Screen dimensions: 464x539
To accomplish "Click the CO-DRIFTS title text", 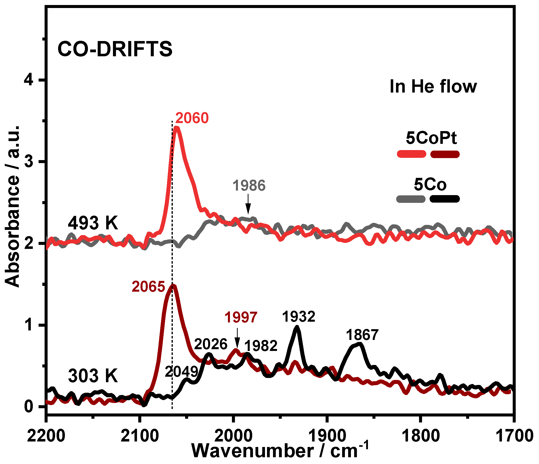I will click(x=115, y=49).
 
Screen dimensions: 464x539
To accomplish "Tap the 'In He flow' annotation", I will click(x=433, y=87).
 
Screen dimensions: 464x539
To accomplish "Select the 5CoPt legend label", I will click(x=431, y=138).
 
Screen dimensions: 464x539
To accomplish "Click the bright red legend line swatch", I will click(x=412, y=154).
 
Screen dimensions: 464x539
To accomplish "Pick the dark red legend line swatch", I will click(x=445, y=154).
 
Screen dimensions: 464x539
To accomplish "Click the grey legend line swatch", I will click(x=411, y=199).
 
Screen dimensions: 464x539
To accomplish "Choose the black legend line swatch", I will click(x=445, y=199).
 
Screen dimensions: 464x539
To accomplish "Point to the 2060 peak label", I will click(x=192, y=118).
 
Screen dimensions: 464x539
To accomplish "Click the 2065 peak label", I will click(x=148, y=287).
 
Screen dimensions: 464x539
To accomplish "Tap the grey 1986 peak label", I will click(x=249, y=186).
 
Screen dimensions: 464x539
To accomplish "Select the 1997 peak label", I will click(x=241, y=317).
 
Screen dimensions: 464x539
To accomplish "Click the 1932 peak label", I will click(x=299, y=317).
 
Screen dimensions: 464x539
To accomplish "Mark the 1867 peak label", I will click(x=362, y=335).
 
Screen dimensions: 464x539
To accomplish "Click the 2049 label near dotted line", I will click(x=181, y=372).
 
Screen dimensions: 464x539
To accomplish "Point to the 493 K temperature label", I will click(x=93, y=223).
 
